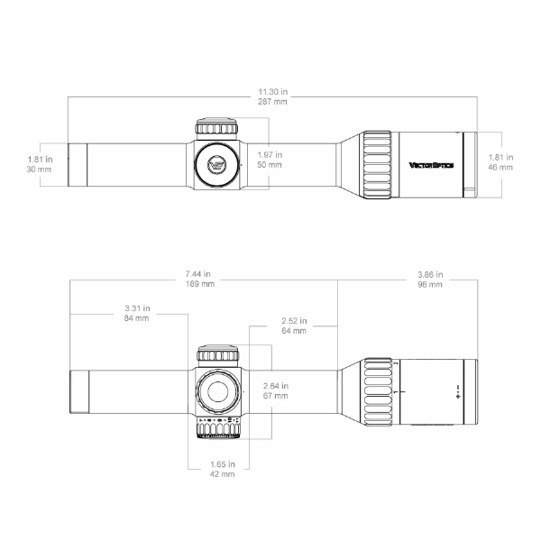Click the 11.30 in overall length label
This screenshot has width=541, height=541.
coord(272,92)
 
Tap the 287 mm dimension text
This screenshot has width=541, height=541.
coord(272,103)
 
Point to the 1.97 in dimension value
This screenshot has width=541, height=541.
coord(270,154)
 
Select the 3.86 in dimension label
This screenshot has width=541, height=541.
coord(430,273)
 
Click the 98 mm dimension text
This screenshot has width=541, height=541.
coord(430,284)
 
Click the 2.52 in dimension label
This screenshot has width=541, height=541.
coord(294,320)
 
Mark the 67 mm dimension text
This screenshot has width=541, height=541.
coord(275,396)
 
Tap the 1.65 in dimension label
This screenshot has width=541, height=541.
coord(221,463)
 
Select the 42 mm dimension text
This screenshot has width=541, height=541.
coord(221,473)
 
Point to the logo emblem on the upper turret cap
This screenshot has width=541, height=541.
coord(216,164)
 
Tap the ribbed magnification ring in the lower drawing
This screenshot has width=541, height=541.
coord(377,392)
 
